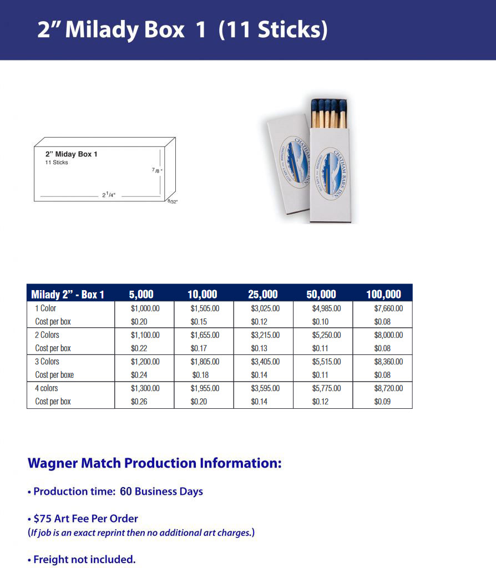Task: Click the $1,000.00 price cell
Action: click(x=145, y=308)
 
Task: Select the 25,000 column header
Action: click(x=262, y=294)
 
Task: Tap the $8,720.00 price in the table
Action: click(x=388, y=388)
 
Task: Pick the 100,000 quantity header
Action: click(x=383, y=294)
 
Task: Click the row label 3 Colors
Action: click(x=47, y=362)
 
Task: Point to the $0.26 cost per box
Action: click(x=139, y=402)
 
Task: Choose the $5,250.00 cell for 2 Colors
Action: click(x=326, y=335)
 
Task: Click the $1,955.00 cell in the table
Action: click(x=205, y=388)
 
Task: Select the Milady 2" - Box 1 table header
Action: click(x=68, y=295)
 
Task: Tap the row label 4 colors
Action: click(x=47, y=388)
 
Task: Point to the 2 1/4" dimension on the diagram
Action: click(x=109, y=195)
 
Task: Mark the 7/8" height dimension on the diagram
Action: click(x=157, y=171)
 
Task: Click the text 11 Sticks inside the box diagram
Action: click(x=57, y=163)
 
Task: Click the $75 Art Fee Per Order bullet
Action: click(x=85, y=519)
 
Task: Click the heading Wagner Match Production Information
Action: click(x=154, y=463)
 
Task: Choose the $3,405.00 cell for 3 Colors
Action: click(x=265, y=362)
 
